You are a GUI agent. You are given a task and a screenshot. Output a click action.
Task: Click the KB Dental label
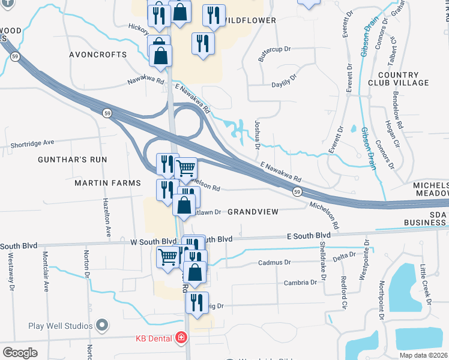(x=154, y=338)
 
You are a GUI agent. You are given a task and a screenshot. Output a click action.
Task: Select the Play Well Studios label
(x=60, y=326)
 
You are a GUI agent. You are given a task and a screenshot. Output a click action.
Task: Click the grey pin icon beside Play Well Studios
(x=101, y=326)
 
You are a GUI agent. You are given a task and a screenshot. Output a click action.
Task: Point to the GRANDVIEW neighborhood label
(x=253, y=212)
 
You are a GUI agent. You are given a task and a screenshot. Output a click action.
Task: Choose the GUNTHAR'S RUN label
(x=72, y=160)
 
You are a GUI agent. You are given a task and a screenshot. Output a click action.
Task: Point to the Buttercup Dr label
(x=274, y=55)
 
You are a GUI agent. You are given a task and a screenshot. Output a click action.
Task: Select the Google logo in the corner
(x=20, y=352)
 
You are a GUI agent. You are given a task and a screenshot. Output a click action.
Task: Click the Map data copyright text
(x=423, y=355)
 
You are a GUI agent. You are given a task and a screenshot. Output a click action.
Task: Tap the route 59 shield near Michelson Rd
(x=297, y=191)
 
